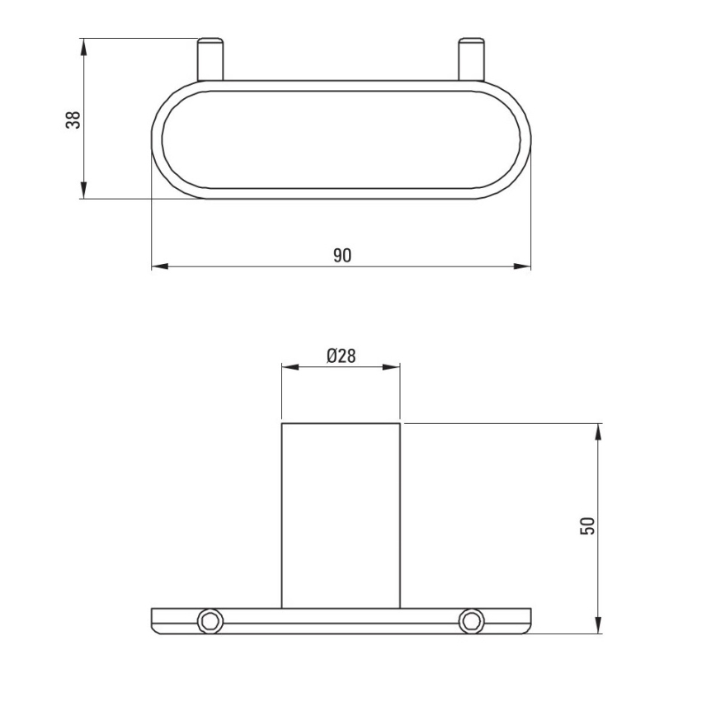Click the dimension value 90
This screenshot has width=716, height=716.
(342, 255)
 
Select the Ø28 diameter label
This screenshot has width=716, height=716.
(341, 356)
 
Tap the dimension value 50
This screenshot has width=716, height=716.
(587, 527)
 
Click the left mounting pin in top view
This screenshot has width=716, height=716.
(210, 59)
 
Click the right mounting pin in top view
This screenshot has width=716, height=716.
(470, 59)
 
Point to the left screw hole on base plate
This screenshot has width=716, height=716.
(210, 619)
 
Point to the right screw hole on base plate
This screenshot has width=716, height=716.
(471, 619)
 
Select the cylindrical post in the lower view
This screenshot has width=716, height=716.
(341, 516)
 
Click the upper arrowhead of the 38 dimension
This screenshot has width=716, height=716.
(83, 45)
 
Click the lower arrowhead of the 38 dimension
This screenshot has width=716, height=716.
(83, 191)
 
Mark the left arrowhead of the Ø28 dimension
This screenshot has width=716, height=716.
(290, 368)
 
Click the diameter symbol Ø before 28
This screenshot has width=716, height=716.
(331, 356)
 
